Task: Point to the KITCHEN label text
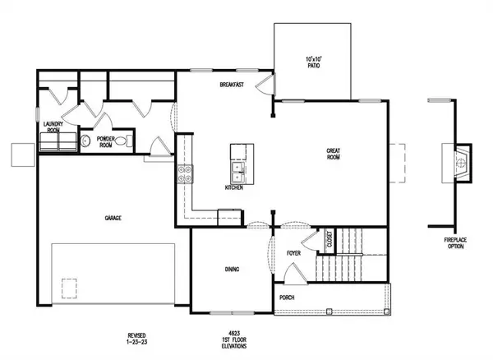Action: point(233,188)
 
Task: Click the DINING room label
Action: point(233,269)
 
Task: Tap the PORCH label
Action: point(288,297)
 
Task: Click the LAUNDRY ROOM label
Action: point(53,127)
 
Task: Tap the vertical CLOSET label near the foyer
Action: point(329,240)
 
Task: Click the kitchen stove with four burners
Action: point(185,173)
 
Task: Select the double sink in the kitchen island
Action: point(240,171)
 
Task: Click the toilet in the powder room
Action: point(121,141)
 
